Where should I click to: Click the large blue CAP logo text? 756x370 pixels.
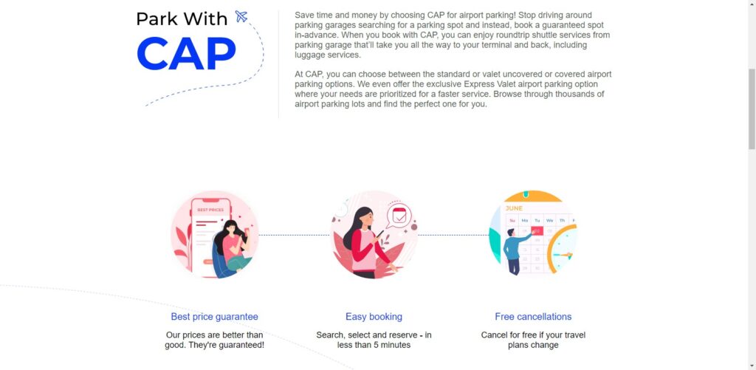187,53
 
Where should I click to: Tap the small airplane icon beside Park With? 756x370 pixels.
241,16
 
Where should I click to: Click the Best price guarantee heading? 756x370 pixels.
215,316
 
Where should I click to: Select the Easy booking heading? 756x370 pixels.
374,316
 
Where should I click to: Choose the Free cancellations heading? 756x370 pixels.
533,316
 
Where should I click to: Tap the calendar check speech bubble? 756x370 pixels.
399,216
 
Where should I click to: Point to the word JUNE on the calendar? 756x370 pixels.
514,208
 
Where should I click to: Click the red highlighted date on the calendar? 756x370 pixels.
537,230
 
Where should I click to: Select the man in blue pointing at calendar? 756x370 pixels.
514,251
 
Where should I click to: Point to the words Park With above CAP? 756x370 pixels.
182,18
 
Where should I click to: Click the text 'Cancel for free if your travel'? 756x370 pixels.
533,335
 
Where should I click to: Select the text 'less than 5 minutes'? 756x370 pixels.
374,345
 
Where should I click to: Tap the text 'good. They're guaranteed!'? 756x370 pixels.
215,345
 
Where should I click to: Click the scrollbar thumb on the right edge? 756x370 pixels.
752,109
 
